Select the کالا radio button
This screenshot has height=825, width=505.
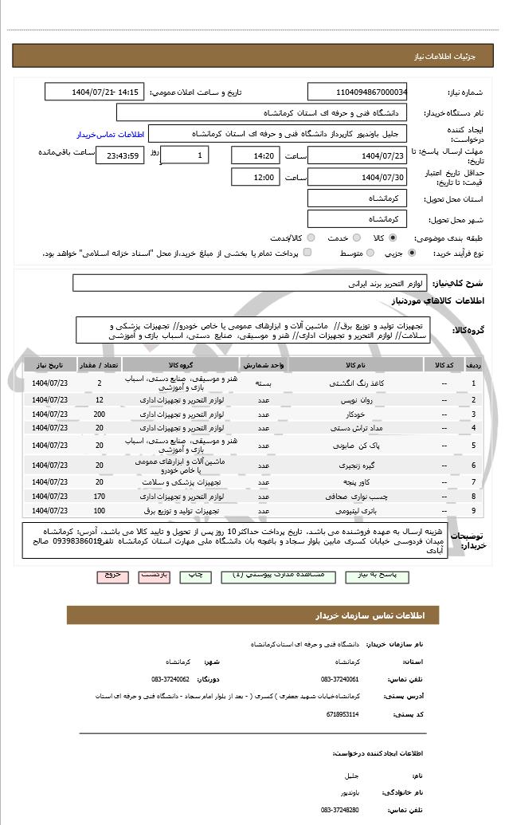coord(393,238)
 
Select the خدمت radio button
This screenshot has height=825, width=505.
coord(355,238)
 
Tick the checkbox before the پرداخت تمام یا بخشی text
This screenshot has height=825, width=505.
coord(307,253)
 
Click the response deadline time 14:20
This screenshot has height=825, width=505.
coord(256,155)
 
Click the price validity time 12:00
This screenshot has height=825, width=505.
coord(256,177)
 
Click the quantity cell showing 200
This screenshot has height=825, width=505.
coord(99,414)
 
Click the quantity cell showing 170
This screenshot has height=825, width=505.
coord(99,497)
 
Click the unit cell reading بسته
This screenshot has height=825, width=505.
coord(260,383)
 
